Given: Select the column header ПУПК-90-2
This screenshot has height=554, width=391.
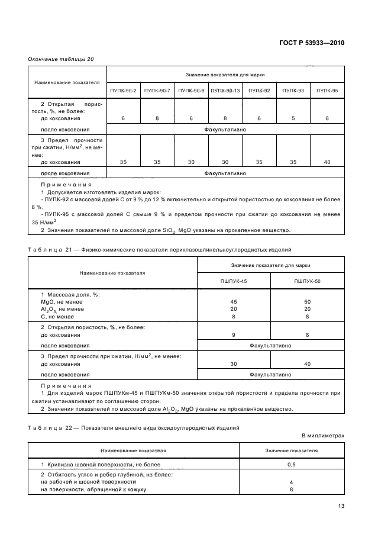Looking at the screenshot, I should point(123,90).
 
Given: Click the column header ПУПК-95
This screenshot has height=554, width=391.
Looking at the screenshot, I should point(327,90).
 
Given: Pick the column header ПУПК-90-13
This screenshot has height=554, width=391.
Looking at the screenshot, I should point(225,90).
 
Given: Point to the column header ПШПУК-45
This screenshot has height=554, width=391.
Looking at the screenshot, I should point(233,281).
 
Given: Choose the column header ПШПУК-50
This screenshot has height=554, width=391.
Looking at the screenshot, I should point(307,281).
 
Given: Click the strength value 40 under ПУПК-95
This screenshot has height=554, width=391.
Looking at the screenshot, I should point(327,161).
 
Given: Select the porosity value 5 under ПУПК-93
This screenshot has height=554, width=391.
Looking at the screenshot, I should point(293,119).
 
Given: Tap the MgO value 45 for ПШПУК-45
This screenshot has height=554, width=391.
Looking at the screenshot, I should point(233,302).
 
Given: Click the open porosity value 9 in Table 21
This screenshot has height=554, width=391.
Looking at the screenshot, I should point(233,335).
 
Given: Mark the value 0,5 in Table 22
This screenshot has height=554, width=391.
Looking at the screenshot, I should point(291,465).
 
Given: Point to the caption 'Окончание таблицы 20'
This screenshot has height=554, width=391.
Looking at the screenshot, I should point(61,59).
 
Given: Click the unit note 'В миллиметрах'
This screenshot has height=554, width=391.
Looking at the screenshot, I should point(322,436).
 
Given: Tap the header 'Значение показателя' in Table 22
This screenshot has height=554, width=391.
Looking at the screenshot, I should point(291,450).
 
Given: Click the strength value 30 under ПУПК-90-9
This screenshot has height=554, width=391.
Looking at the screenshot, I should point(191,161).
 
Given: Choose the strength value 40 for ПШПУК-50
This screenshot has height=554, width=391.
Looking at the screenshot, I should point(307,364).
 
